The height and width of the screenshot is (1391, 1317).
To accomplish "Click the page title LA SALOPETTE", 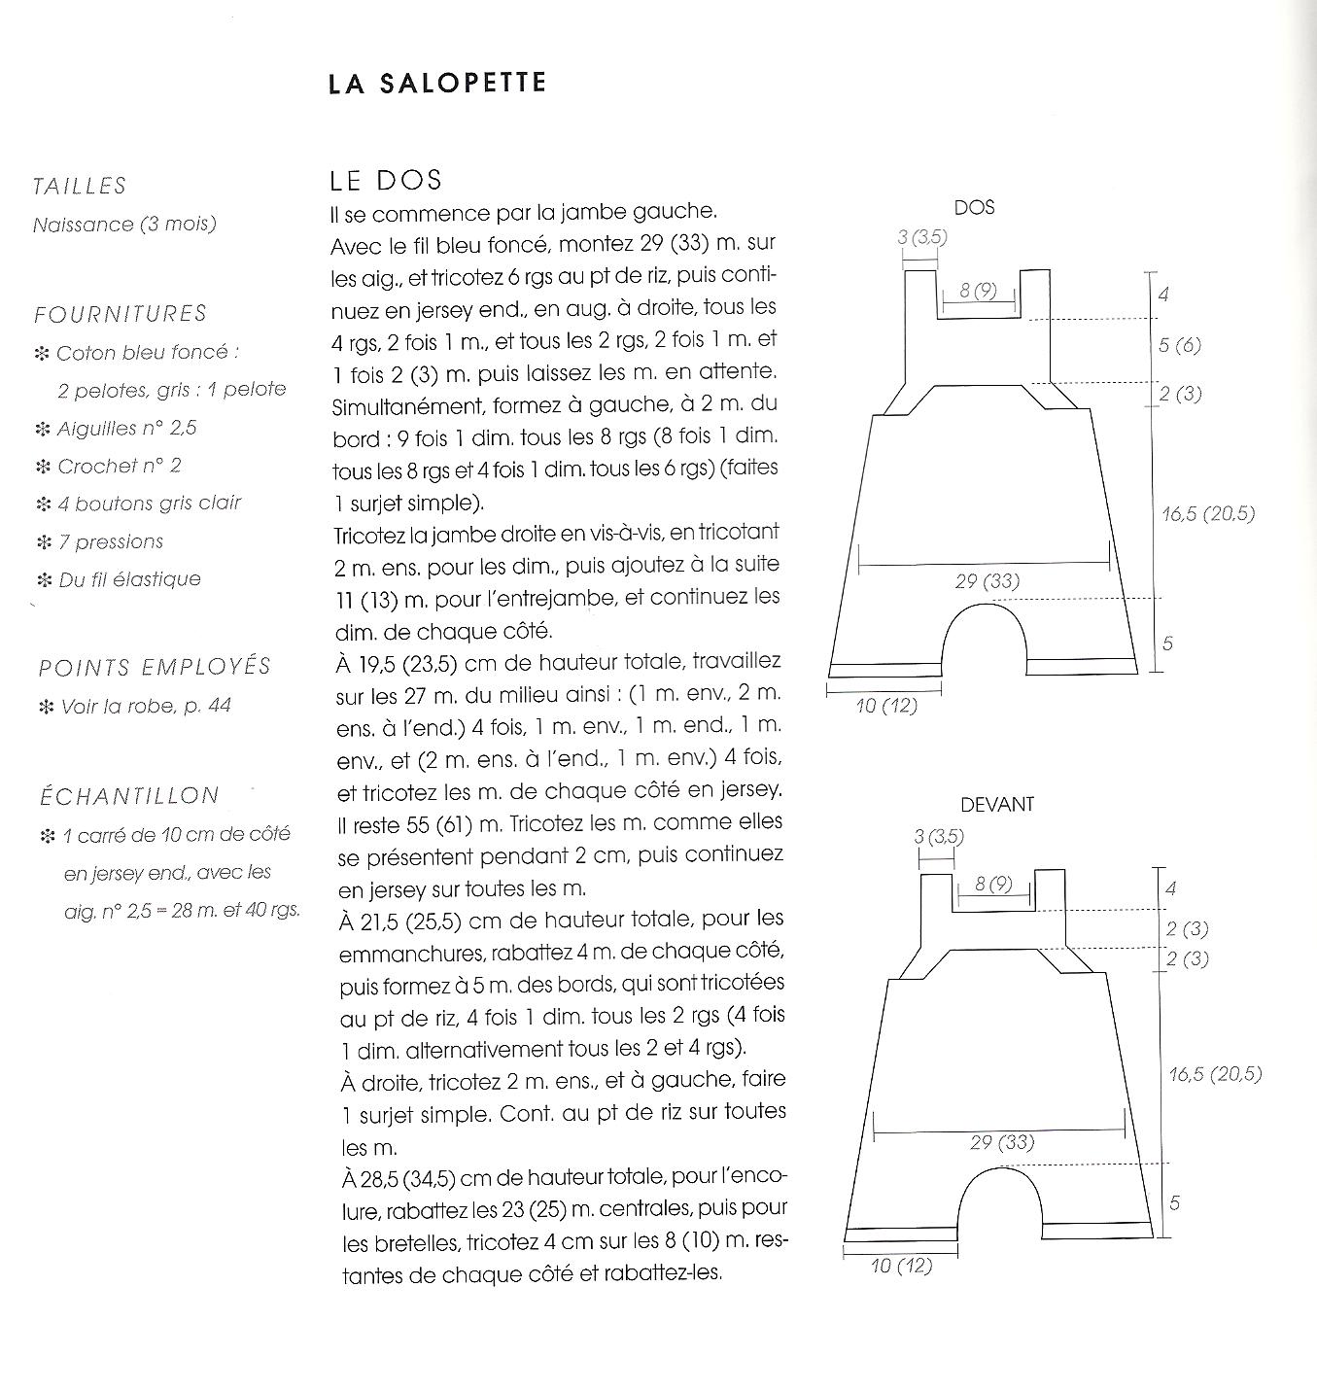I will pos(437,84).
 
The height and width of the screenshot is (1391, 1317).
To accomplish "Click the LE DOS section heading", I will pos(386,180).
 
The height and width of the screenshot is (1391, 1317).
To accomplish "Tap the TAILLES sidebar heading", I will pos(80,186).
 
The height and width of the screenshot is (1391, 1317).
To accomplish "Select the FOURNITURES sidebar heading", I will pos(121,314).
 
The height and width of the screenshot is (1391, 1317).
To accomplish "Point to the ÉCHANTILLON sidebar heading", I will pos(129,796).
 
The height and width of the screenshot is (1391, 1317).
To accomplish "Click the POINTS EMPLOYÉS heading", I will pos(155,668).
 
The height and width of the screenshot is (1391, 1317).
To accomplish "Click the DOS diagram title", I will pos(974,207).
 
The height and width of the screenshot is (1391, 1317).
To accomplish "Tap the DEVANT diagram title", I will pos(997,805).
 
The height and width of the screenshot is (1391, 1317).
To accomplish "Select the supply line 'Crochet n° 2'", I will pos(119,467).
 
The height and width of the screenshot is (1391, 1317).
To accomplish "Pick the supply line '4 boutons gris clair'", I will pos(149,504).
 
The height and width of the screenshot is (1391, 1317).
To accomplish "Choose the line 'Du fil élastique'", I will pos(129,579).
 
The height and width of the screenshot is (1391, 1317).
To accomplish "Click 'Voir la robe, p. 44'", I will pos(146,706).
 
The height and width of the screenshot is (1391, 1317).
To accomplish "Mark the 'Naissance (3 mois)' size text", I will pos(124,225).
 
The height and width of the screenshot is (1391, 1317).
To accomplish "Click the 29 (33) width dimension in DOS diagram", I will pos(988,581).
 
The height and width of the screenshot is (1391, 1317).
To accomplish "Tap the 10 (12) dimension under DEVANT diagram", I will pos(900,1266).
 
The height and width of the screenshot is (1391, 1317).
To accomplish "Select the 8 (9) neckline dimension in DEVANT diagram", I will pos(993,885).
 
